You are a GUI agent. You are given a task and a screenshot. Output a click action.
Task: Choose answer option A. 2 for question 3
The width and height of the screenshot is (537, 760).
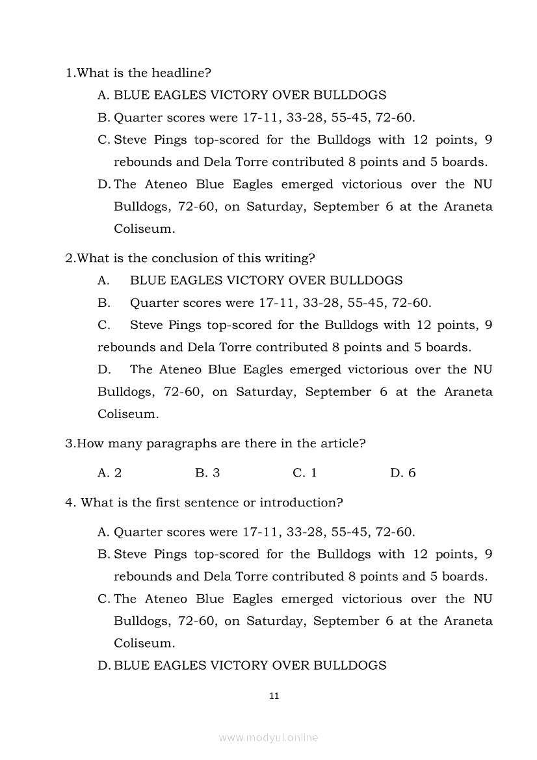tap(109, 473)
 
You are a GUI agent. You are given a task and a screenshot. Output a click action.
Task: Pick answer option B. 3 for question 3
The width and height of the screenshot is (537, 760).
tap(207, 473)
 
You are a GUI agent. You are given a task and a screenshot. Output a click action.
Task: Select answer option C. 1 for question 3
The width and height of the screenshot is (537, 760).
tap(305, 473)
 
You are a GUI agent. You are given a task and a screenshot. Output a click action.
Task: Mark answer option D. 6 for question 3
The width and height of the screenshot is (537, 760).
tap(403, 473)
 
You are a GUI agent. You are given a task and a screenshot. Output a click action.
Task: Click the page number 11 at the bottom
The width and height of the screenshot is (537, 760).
tap(274, 696)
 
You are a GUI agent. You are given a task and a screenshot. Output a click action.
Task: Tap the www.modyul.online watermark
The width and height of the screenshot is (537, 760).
tap(268, 737)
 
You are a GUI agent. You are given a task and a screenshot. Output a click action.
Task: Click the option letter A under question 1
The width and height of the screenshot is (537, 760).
tap(103, 95)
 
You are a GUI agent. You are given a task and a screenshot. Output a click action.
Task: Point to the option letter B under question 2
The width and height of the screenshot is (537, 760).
tap(103, 303)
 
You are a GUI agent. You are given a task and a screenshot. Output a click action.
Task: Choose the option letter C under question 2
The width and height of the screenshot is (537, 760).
tap(103, 325)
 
